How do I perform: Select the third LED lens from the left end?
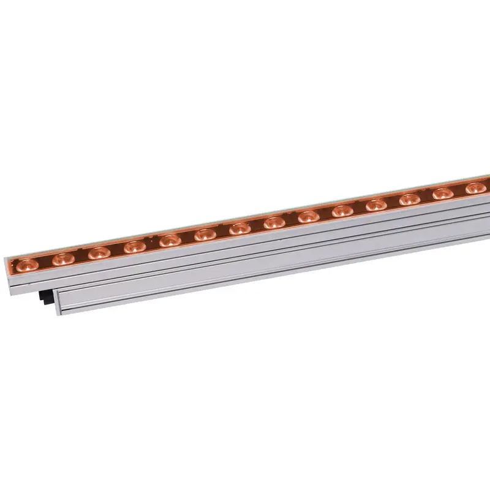click(x=98, y=252)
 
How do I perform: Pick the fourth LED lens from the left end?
click(x=134, y=246)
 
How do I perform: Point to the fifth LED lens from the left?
click(x=170, y=240)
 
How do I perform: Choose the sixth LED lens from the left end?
click(x=205, y=235)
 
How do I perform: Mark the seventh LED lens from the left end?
click(x=239, y=228)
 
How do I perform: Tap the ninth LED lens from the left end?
click(x=308, y=217)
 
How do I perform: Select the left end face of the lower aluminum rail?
click(x=58, y=302)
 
